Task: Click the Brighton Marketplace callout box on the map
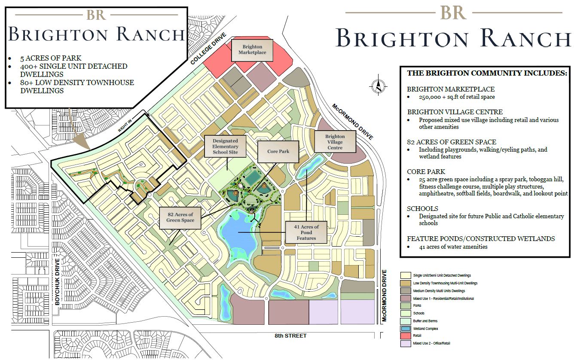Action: (x=252, y=49)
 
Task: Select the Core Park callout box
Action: (x=278, y=151)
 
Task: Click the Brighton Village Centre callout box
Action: (x=335, y=142)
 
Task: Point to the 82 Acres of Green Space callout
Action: (x=180, y=217)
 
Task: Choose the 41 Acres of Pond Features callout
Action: (x=306, y=232)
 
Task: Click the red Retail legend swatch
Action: (x=404, y=336)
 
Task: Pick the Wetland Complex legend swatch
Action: (x=404, y=328)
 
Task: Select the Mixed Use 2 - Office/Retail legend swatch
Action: (x=404, y=343)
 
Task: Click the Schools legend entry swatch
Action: (x=404, y=313)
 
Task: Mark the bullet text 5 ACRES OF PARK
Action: (x=50, y=58)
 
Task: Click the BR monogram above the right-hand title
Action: (x=453, y=12)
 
